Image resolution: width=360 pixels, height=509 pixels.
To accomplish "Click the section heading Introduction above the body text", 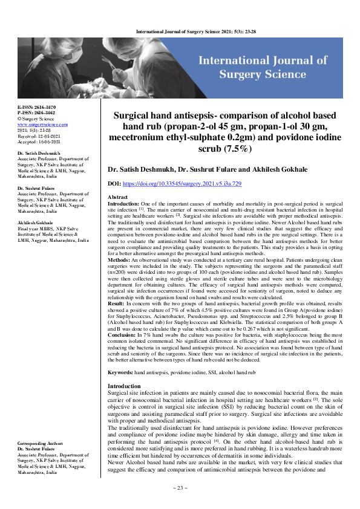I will (123, 369).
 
